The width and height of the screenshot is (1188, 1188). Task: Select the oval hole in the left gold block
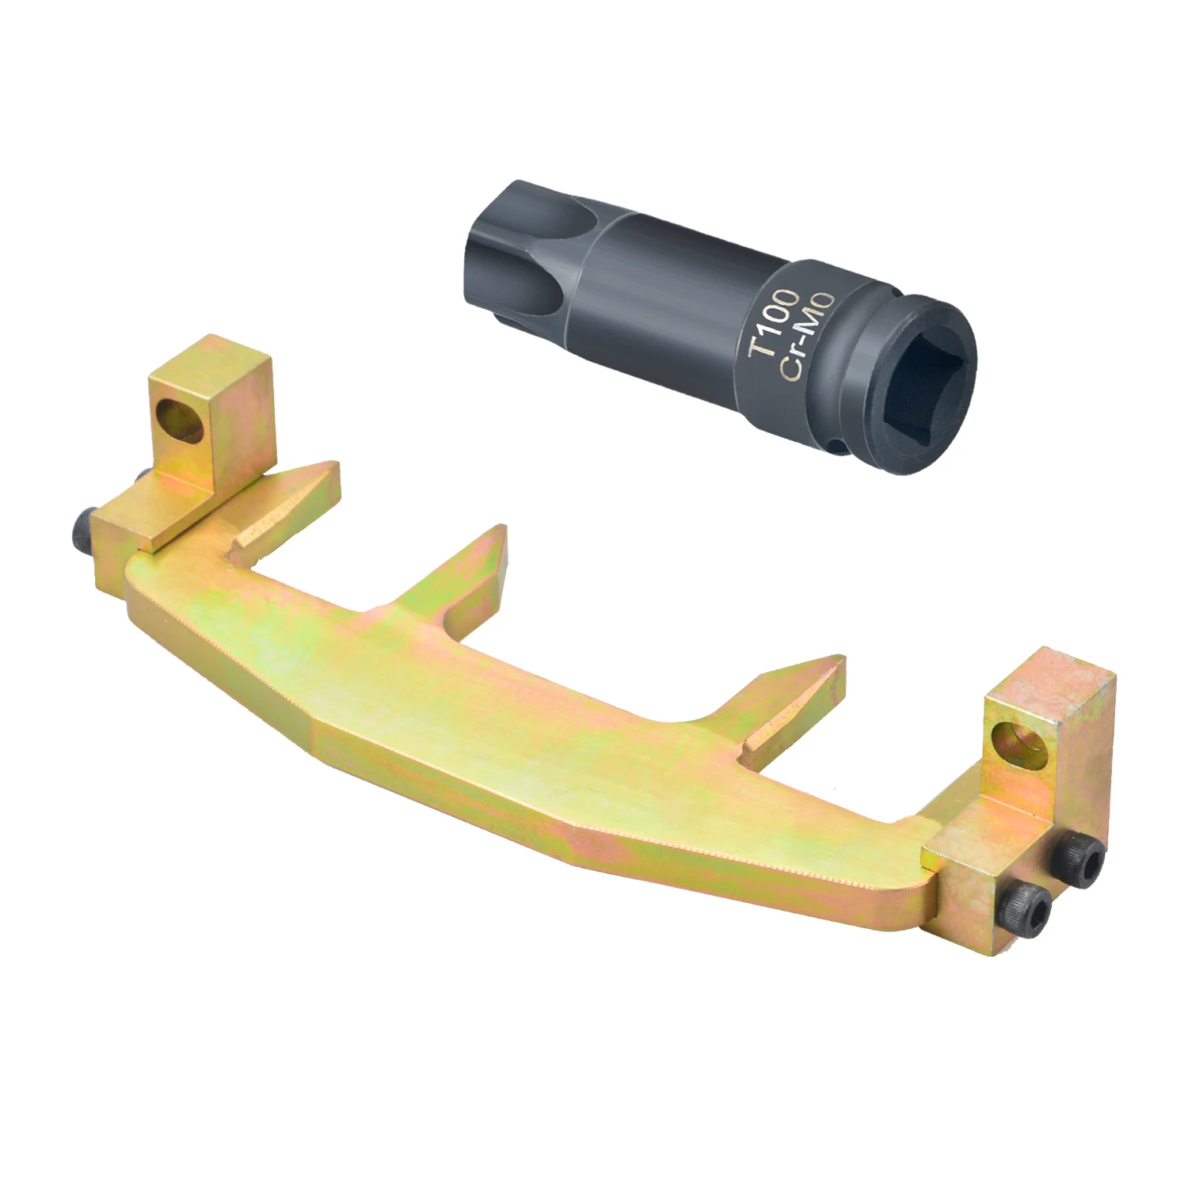click(x=179, y=417)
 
